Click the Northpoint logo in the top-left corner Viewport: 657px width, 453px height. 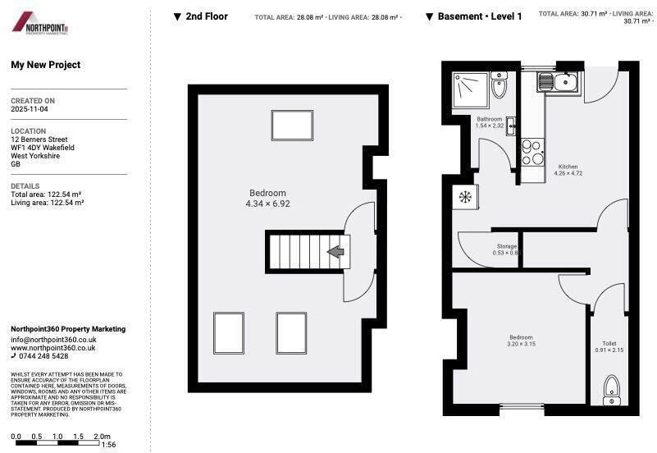(40, 23)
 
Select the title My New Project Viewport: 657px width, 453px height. (45, 65)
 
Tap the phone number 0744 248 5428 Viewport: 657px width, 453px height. (44, 356)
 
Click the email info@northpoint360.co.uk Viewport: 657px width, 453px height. (53, 339)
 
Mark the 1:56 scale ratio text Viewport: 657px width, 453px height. (108, 444)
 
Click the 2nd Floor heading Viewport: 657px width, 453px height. (206, 16)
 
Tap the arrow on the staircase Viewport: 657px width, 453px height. (335, 252)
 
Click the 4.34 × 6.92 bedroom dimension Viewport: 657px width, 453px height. (267, 204)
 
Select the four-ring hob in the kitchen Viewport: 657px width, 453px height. (532, 153)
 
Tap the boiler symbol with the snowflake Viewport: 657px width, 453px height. (465, 197)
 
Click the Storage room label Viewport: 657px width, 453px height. (507, 246)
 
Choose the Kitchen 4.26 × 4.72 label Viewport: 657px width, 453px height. (568, 170)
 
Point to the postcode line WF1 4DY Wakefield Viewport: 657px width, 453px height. (43, 148)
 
